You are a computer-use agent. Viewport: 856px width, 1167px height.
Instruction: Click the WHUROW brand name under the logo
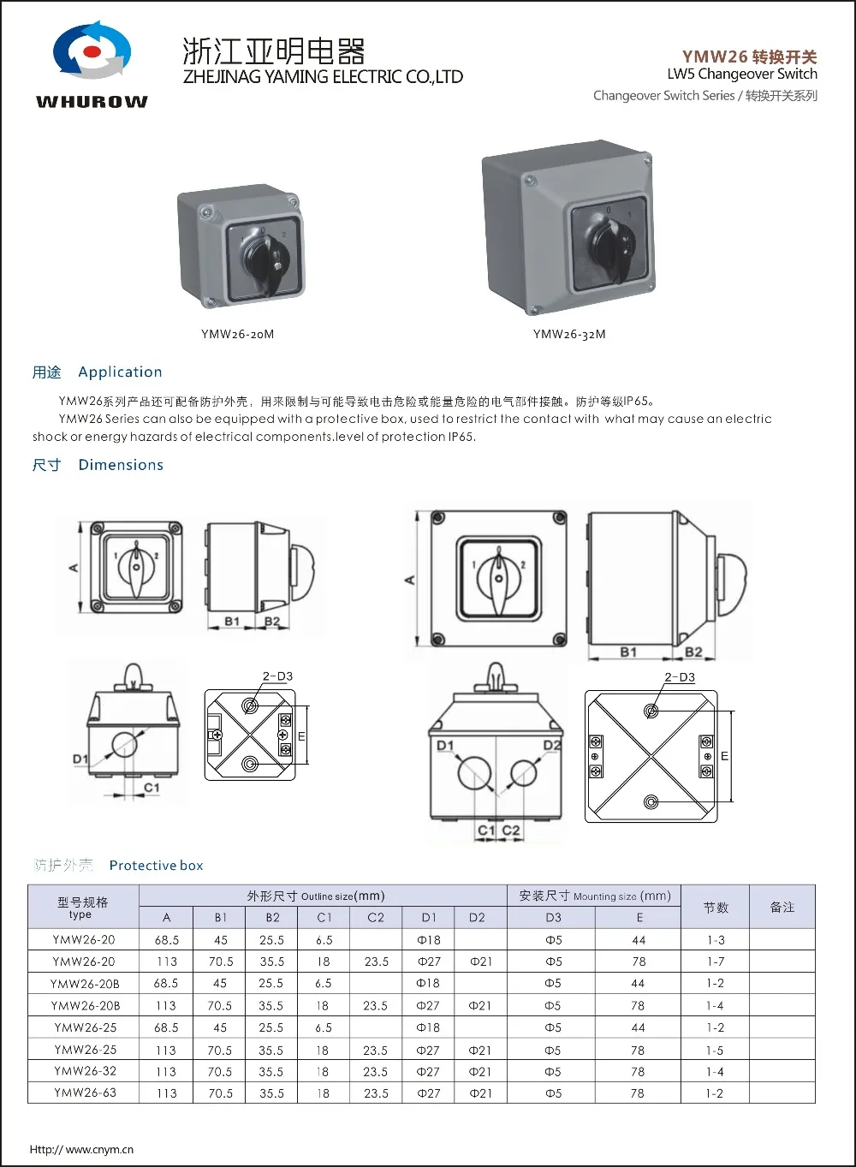(x=92, y=102)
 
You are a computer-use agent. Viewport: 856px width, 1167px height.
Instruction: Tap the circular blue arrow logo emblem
(x=92, y=51)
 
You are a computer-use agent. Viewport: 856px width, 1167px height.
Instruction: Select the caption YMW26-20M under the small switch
(x=237, y=334)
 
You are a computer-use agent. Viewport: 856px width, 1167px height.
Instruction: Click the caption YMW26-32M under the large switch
(x=569, y=334)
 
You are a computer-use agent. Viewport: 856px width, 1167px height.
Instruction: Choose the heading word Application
(x=120, y=372)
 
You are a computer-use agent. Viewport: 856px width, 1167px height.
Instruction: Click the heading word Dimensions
(x=121, y=465)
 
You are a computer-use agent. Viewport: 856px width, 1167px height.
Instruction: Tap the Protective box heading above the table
(x=156, y=866)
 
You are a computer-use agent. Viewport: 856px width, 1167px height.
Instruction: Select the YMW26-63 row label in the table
(x=85, y=1093)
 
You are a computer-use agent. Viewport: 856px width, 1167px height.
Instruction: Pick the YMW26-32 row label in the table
(x=85, y=1071)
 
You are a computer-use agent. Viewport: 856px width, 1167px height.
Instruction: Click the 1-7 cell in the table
(x=715, y=962)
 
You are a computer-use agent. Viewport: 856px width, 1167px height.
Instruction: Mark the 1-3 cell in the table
(x=715, y=940)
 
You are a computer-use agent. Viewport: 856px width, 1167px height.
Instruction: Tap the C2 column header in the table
(x=376, y=917)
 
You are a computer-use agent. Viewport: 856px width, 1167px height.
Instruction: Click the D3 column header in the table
(x=553, y=917)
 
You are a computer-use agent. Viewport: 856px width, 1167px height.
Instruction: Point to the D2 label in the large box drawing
(x=552, y=746)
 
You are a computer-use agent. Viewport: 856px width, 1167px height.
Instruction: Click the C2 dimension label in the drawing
(x=511, y=830)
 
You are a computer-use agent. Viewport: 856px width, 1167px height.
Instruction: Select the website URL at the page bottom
(x=81, y=1149)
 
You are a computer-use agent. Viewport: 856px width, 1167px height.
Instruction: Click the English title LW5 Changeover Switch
(x=741, y=74)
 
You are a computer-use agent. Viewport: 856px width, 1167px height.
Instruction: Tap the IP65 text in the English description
(x=461, y=437)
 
